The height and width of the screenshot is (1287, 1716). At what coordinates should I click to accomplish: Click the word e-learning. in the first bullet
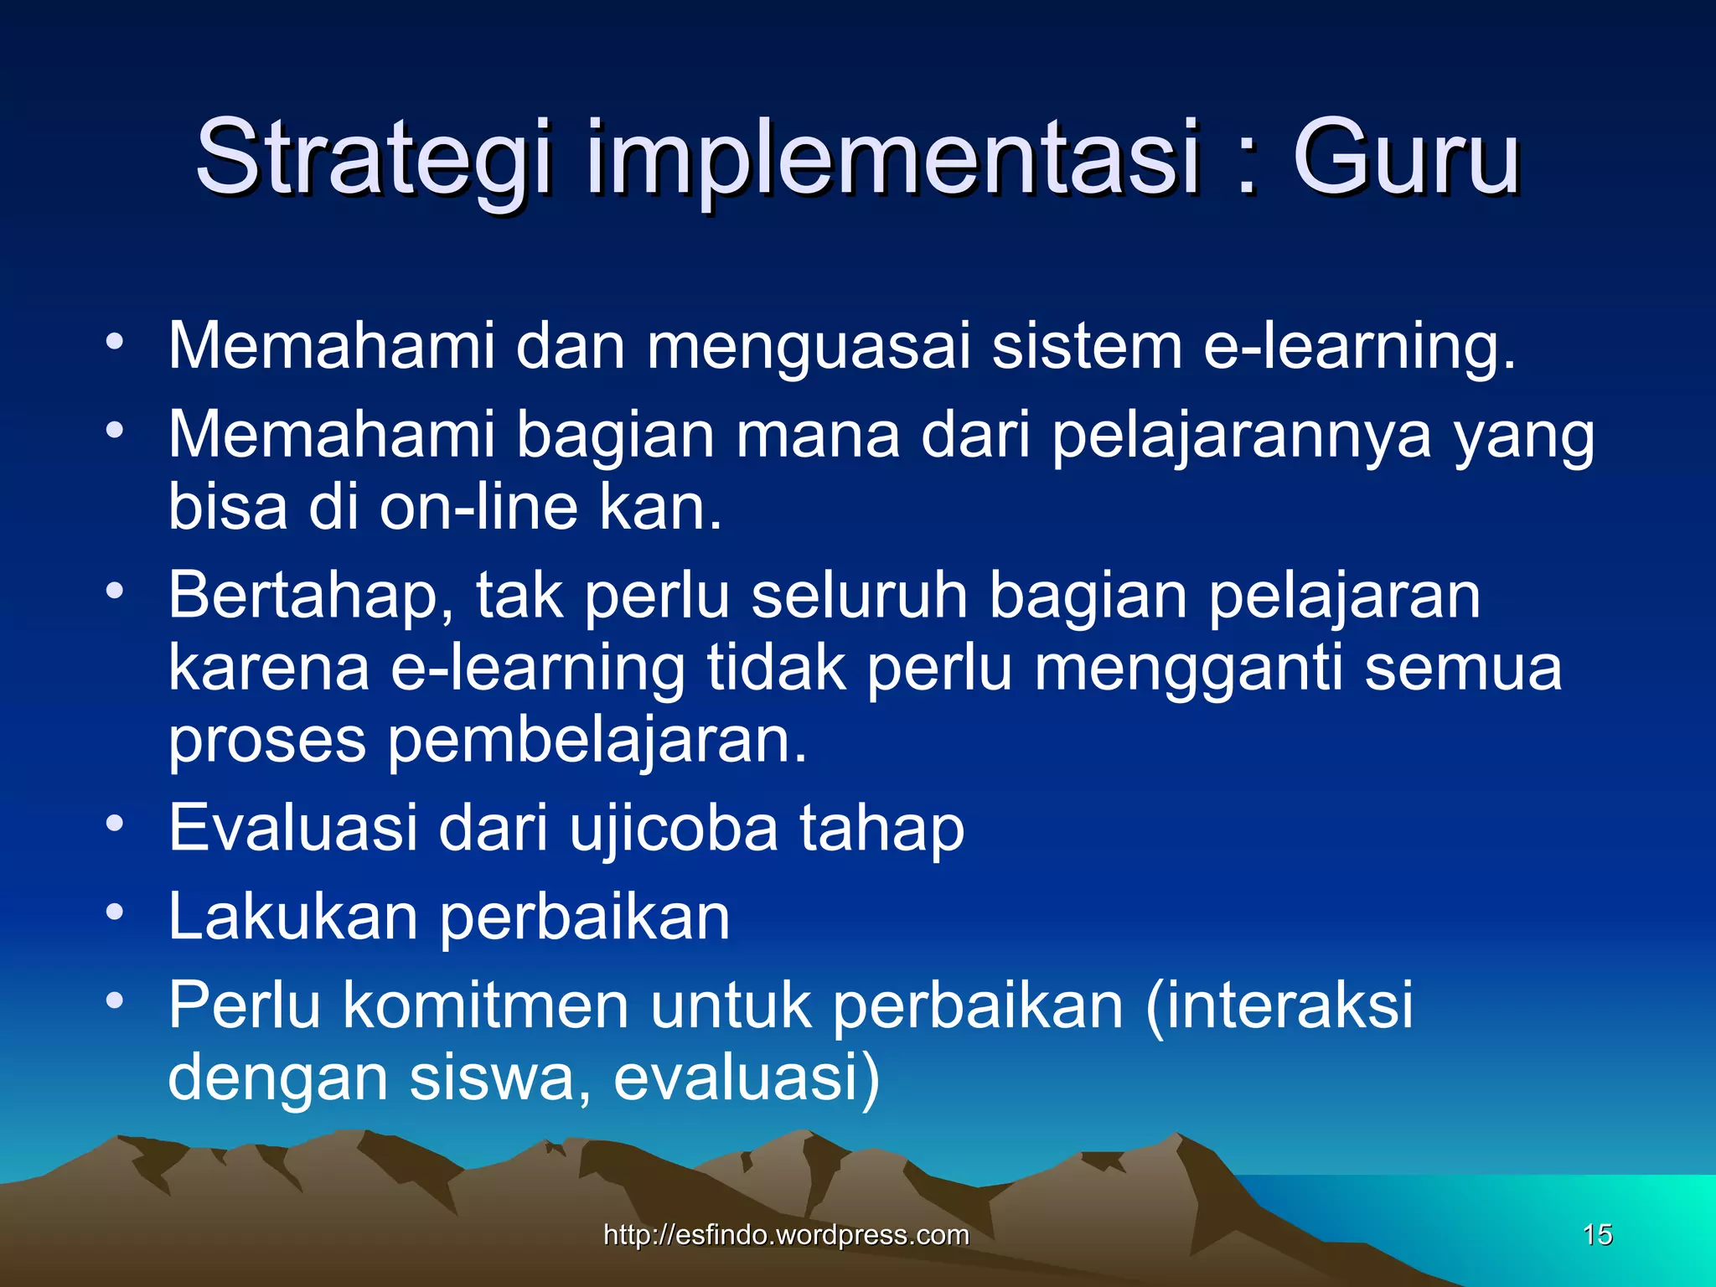click(x=1359, y=346)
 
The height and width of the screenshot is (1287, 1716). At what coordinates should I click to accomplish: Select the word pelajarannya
click(x=1241, y=436)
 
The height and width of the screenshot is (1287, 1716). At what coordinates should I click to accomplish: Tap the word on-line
click(x=478, y=508)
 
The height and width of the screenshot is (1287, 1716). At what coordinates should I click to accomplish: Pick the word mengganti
click(x=1189, y=669)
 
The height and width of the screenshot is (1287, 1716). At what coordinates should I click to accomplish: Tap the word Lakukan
click(x=293, y=917)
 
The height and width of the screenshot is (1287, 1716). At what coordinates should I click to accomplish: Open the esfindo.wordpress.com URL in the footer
click(x=786, y=1234)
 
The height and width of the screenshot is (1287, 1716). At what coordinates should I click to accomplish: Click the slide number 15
click(x=1597, y=1234)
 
